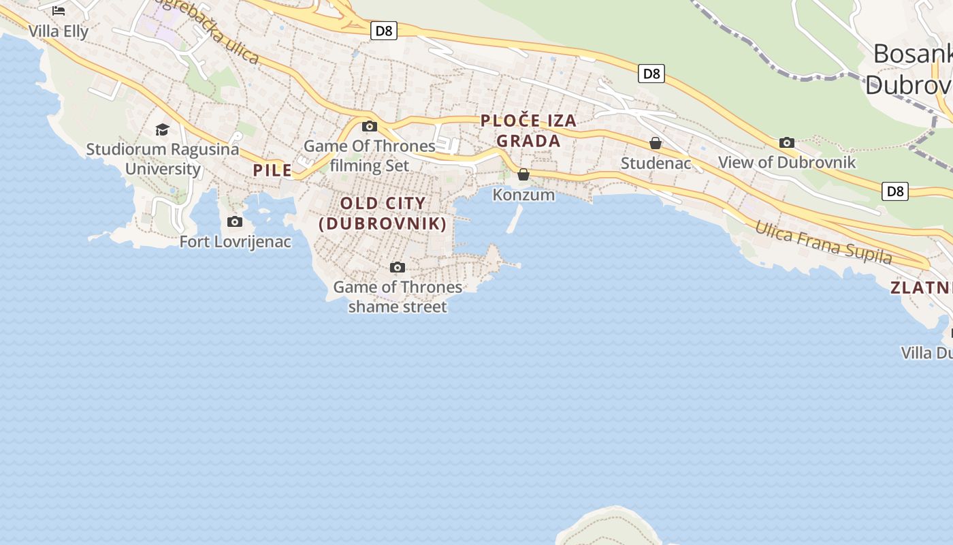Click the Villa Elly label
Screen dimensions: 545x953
click(59, 31)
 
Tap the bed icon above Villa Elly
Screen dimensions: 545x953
click(59, 10)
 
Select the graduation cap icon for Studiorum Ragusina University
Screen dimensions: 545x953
click(162, 129)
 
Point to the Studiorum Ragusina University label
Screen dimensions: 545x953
click(163, 159)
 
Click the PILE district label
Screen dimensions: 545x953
click(272, 170)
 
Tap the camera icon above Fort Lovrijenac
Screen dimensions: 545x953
click(234, 222)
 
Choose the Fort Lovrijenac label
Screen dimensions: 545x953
click(235, 242)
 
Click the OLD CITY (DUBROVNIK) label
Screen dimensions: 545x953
click(383, 213)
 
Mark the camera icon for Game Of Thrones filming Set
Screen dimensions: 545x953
click(370, 126)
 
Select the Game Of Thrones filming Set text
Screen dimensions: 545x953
click(370, 155)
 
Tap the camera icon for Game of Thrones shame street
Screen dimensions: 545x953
click(398, 267)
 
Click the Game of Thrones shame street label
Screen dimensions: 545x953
click(398, 296)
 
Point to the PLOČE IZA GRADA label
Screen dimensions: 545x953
click(528, 131)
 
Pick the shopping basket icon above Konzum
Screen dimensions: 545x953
click(523, 175)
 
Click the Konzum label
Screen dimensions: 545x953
click(523, 195)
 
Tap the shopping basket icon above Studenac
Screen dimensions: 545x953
click(656, 143)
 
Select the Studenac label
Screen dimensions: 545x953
click(656, 163)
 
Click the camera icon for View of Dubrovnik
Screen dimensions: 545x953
click(787, 142)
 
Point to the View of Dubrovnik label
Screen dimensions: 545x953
click(787, 162)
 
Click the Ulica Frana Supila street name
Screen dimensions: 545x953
click(823, 243)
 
